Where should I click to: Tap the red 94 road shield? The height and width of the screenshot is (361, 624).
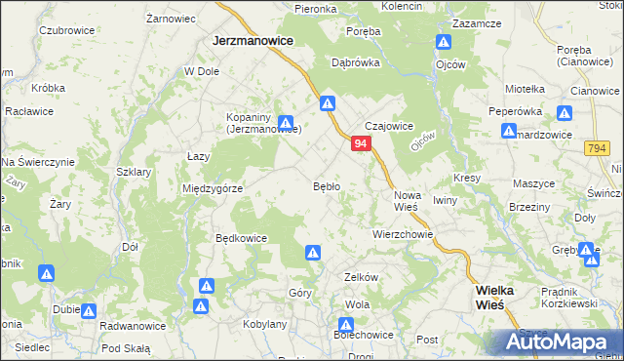coord(361,143)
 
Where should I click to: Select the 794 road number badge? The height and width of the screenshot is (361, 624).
coord(598,147)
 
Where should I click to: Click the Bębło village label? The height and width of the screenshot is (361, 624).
coord(326,185)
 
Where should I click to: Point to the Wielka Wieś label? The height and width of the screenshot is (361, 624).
coord(501,297)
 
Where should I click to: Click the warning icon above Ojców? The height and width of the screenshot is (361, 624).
coord(444,43)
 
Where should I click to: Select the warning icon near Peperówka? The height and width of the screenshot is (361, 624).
coord(507,132)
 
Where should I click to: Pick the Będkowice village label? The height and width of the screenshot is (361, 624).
coord(241,237)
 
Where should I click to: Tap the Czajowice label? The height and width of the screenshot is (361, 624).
coord(389,126)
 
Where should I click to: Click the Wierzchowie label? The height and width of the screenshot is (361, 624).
coord(402,234)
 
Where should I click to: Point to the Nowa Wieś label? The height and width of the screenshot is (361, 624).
coord(407,200)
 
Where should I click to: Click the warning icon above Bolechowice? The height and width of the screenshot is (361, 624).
coord(346,325)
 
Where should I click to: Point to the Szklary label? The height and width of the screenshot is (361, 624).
coord(134,172)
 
